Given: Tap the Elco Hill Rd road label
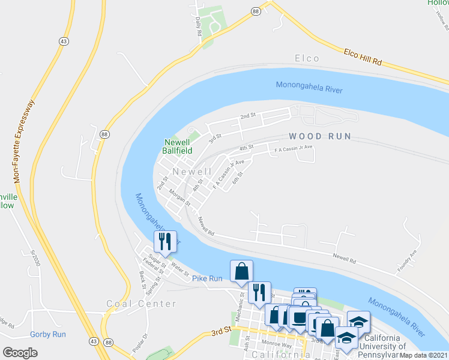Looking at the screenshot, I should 363,57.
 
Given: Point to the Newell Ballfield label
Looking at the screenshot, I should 178,146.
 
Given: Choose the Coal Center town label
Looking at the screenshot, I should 142,304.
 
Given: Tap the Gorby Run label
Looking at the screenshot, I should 48,334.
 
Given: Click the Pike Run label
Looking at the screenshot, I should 207,278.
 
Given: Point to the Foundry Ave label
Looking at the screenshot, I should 408,261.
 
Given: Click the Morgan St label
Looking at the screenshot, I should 179,198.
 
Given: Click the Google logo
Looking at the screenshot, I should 20,353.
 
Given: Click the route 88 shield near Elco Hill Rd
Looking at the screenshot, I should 256,11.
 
